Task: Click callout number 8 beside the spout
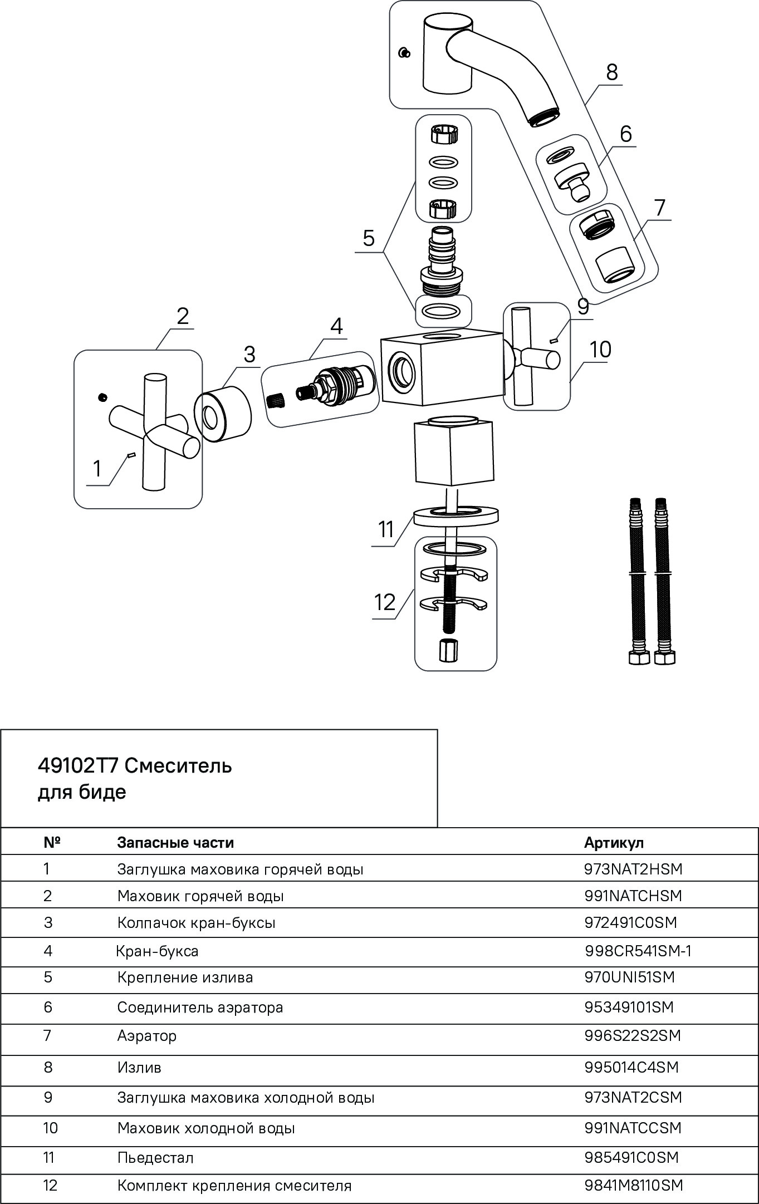click(611, 72)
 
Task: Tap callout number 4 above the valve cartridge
click(336, 326)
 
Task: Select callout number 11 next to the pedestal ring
click(386, 529)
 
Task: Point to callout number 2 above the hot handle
click(183, 316)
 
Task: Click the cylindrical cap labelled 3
click(223, 417)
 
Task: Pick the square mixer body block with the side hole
click(440, 367)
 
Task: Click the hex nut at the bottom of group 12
click(448, 651)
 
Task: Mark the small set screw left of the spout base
click(405, 53)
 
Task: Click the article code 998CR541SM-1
click(638, 951)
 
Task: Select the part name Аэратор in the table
click(147, 1036)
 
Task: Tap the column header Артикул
click(614, 842)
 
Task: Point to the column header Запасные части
click(175, 842)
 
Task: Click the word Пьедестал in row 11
click(155, 1158)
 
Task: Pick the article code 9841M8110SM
click(634, 1185)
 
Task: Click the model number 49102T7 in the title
click(77, 766)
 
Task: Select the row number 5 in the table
click(48, 977)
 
